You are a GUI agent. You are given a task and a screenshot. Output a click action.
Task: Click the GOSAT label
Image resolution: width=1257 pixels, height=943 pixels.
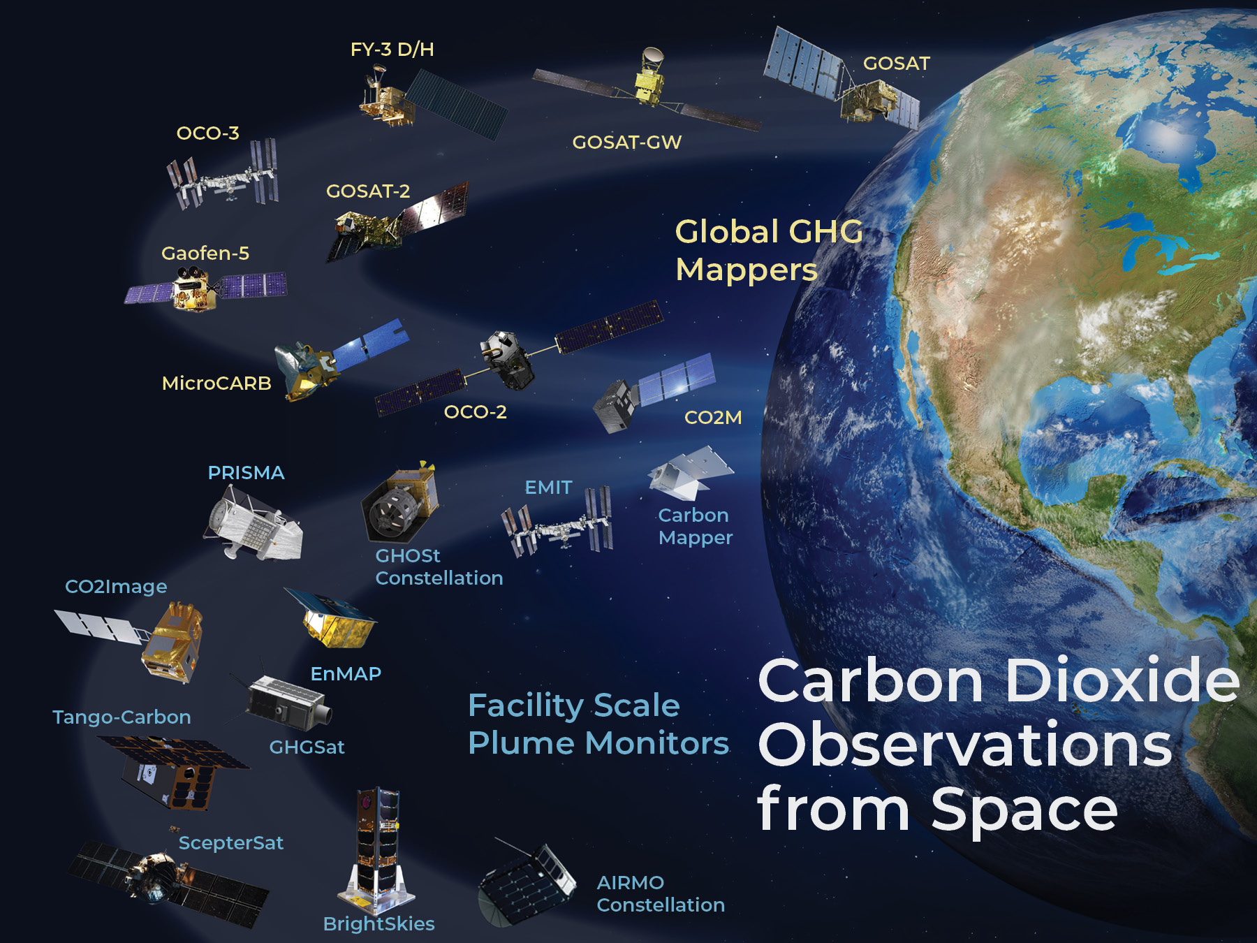(896, 64)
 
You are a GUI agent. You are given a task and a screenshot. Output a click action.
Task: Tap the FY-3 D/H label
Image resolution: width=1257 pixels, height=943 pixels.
(392, 50)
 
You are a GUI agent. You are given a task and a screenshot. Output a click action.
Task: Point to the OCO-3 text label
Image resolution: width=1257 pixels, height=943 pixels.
(207, 133)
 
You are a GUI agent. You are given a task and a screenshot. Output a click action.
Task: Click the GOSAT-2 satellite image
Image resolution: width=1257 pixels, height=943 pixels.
(397, 221)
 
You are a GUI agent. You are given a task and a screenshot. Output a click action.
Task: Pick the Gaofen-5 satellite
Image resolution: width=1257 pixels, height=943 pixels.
(205, 289)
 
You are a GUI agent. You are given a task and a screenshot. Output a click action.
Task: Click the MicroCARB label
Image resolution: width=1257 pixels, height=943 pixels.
(216, 383)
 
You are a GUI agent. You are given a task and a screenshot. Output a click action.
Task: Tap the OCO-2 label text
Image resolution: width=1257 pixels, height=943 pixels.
(475, 412)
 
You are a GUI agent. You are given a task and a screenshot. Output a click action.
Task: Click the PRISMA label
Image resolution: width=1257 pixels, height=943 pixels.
(246, 473)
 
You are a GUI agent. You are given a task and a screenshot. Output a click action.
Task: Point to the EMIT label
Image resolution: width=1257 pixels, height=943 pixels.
(548, 488)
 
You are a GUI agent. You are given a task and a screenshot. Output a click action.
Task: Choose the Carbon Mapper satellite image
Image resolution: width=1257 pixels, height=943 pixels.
(690, 474)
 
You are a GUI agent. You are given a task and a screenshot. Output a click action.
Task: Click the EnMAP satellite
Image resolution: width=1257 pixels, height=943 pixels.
(330, 618)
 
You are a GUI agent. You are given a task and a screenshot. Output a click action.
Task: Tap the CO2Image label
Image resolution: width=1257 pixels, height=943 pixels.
(116, 587)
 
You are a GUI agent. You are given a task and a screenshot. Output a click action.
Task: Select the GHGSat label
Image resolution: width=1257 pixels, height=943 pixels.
(307, 747)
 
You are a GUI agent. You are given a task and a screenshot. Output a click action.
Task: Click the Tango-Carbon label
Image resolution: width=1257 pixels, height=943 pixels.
(122, 717)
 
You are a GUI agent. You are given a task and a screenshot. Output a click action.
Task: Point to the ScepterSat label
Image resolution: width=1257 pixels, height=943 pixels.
(230, 843)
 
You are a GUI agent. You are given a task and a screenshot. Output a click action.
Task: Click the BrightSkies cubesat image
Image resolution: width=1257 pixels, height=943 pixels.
(376, 850)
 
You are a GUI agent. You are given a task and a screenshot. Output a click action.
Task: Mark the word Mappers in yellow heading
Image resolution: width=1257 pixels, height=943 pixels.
(746, 270)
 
